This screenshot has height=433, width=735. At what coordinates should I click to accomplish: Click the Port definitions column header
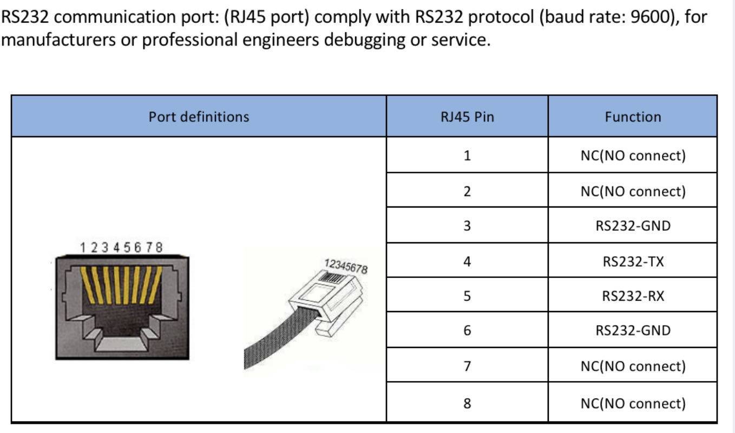[199, 117]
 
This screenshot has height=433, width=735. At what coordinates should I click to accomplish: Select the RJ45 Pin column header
[467, 117]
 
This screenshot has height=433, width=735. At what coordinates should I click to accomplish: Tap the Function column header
[633, 117]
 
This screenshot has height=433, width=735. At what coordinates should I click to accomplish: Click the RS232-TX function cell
[633, 262]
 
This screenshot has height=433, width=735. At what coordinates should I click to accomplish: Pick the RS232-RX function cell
[633, 296]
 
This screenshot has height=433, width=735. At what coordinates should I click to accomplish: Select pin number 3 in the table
[467, 225]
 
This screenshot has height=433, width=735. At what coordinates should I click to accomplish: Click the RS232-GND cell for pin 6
[633, 331]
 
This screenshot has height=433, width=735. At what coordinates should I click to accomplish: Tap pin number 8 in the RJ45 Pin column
[467, 403]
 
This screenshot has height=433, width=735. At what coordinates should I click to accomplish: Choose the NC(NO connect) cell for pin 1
[633, 156]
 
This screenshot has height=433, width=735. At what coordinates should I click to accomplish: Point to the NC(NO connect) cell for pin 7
[633, 366]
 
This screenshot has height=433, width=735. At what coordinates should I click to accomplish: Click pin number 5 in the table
[467, 296]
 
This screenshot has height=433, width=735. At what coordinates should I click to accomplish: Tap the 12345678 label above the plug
[346, 266]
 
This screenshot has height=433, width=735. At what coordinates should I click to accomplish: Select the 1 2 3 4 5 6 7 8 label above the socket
[121, 248]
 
